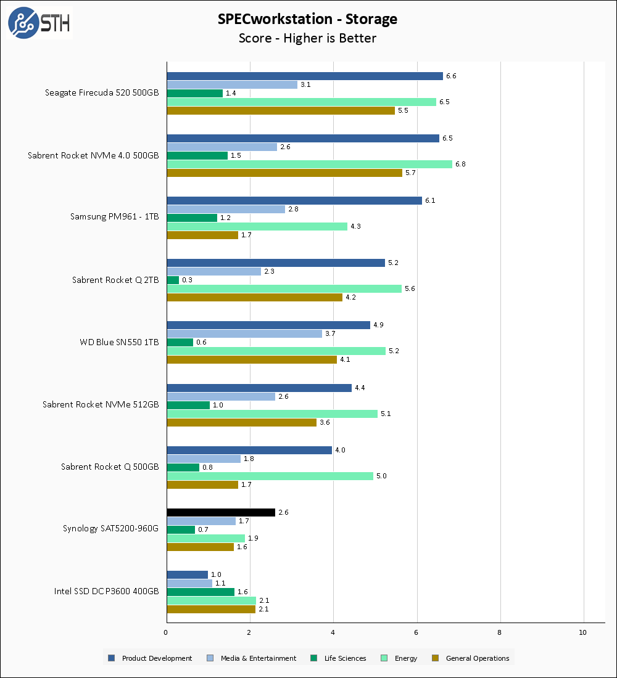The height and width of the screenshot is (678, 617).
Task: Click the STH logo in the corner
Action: point(39,23)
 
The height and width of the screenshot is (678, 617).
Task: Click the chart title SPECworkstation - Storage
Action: point(307,19)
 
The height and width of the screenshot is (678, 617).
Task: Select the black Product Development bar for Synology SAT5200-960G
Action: point(221,512)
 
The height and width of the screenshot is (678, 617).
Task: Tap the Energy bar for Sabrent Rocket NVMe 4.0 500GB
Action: point(309,164)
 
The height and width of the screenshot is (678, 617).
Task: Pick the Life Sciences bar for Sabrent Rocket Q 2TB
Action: point(173,280)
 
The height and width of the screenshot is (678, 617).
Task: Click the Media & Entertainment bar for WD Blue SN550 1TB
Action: point(244,333)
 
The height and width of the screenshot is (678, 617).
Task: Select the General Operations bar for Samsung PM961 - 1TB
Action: point(202,235)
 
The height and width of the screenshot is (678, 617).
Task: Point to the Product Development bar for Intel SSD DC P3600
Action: point(187,574)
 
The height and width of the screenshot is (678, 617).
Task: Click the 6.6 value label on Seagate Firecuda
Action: point(451,76)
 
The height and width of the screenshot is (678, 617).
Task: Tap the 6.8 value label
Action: point(460,164)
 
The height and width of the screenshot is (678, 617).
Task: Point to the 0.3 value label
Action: point(187,280)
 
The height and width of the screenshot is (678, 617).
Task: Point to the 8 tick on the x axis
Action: point(500,632)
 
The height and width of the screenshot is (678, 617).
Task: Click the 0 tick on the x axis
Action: point(166,632)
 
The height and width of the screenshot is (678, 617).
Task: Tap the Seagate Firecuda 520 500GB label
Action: point(102,93)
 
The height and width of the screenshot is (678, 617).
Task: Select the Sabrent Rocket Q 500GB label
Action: point(110,467)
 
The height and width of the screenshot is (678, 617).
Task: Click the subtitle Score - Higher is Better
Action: point(307,38)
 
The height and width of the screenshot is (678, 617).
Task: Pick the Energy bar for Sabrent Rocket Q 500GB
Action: point(270,476)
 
